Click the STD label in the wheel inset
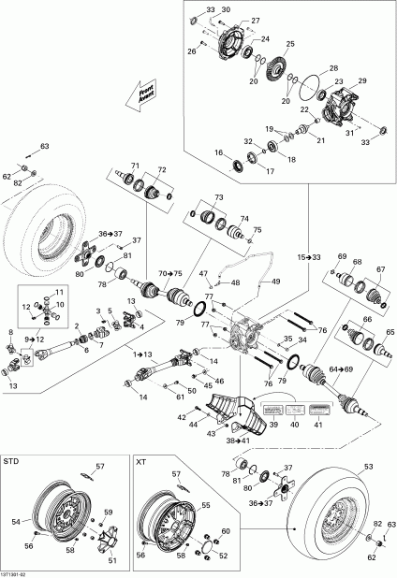pyautogui.click(x=11, y=462)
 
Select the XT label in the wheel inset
pyautogui.click(x=141, y=462)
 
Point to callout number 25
pyautogui.click(x=290, y=44)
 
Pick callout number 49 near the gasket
pyautogui.click(x=275, y=282)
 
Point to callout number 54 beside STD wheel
pyautogui.click(x=14, y=522)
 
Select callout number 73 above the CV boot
pyautogui.click(x=219, y=198)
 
